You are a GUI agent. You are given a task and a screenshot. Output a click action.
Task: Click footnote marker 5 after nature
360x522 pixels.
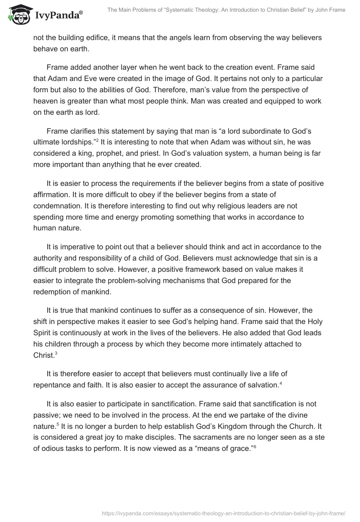tap(56, 413)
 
